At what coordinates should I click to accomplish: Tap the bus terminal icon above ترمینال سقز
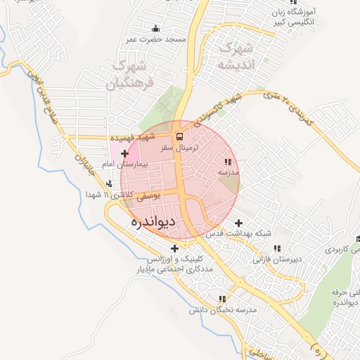point(179,136)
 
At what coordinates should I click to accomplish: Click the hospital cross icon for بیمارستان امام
point(124,153)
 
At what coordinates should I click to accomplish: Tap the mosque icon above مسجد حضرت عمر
point(155,28)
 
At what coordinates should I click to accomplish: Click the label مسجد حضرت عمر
point(155,39)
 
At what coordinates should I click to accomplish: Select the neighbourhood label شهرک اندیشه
point(236,57)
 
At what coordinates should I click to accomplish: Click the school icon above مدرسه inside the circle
point(228,162)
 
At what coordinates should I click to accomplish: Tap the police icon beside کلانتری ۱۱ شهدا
point(108,185)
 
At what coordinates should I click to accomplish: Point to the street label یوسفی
point(149,198)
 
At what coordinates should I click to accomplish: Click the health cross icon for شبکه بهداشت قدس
point(238,223)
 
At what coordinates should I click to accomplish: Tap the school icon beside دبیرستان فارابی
point(277,248)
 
